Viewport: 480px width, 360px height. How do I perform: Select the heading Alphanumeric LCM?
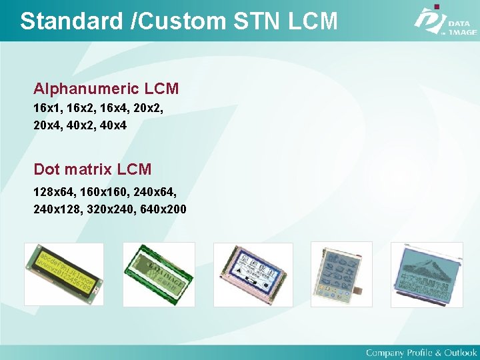point(106,89)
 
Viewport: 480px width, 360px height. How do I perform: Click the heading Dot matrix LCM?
point(93,169)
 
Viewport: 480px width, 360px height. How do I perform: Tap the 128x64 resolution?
point(53,193)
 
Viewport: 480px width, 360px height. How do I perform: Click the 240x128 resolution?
point(56,210)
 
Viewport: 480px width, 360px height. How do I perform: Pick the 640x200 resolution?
point(163,210)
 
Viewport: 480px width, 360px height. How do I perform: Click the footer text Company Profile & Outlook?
point(421,352)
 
